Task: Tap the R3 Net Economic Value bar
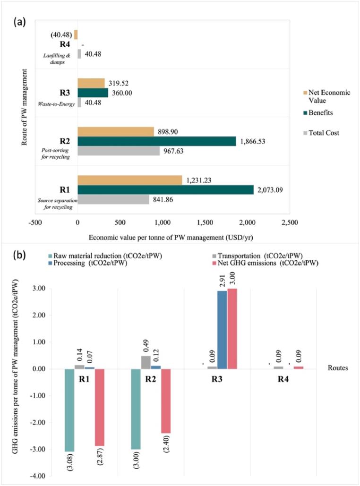pyautogui.click(x=91, y=83)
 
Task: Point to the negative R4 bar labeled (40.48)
pyautogui.click(x=76, y=34)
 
